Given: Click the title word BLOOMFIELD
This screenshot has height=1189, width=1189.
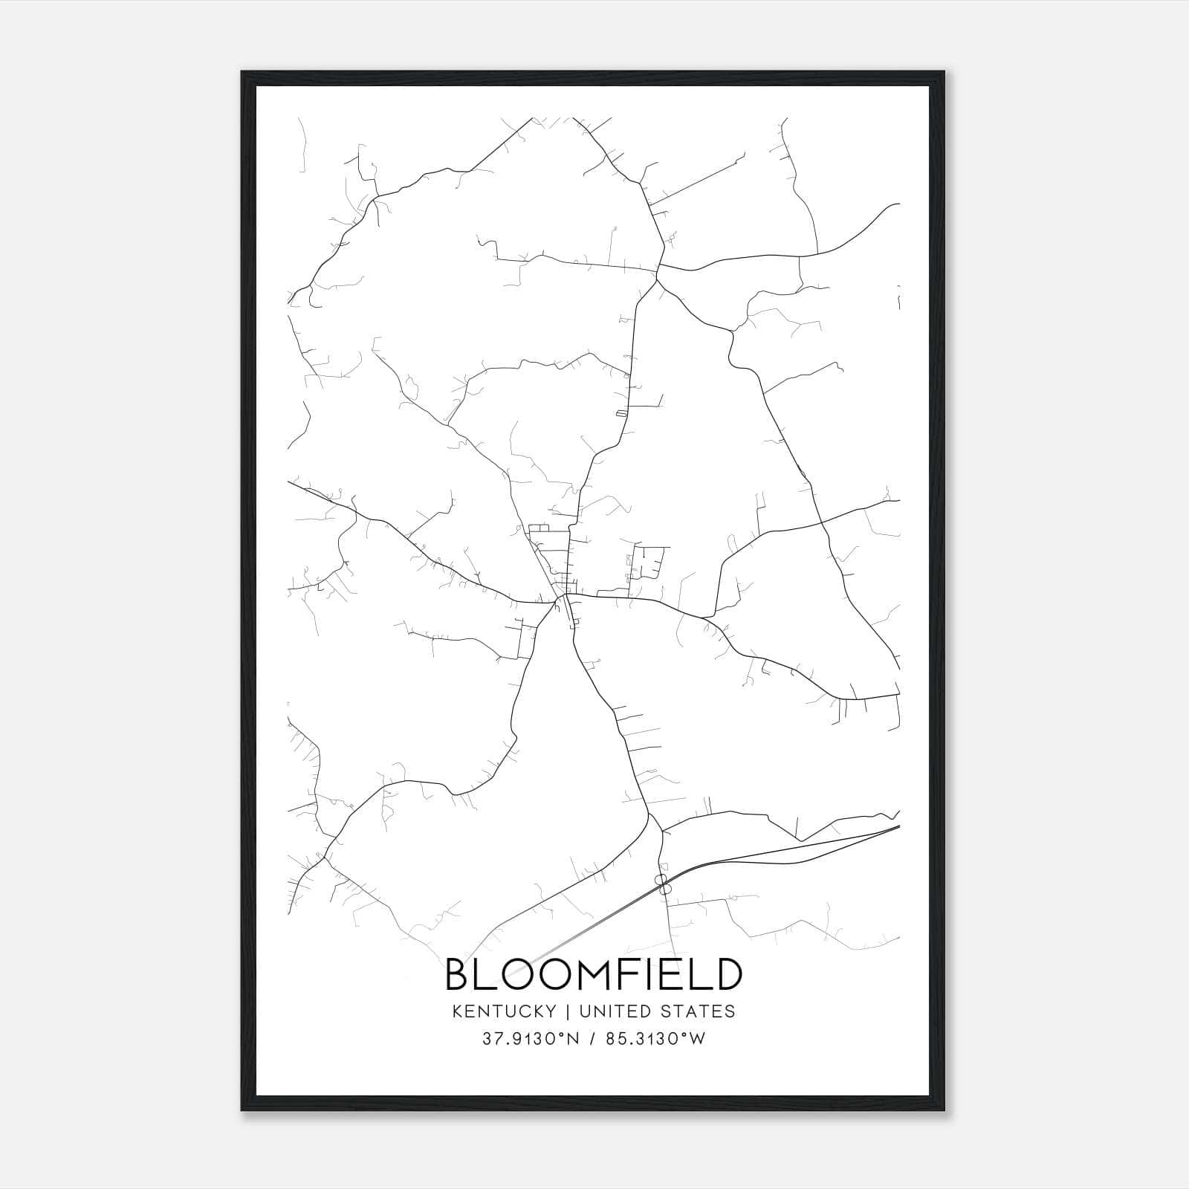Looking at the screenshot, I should (593, 975).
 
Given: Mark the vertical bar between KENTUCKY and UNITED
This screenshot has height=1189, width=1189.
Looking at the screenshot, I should (567, 1011).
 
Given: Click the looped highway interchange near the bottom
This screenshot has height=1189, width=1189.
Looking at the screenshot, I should (663, 884).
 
